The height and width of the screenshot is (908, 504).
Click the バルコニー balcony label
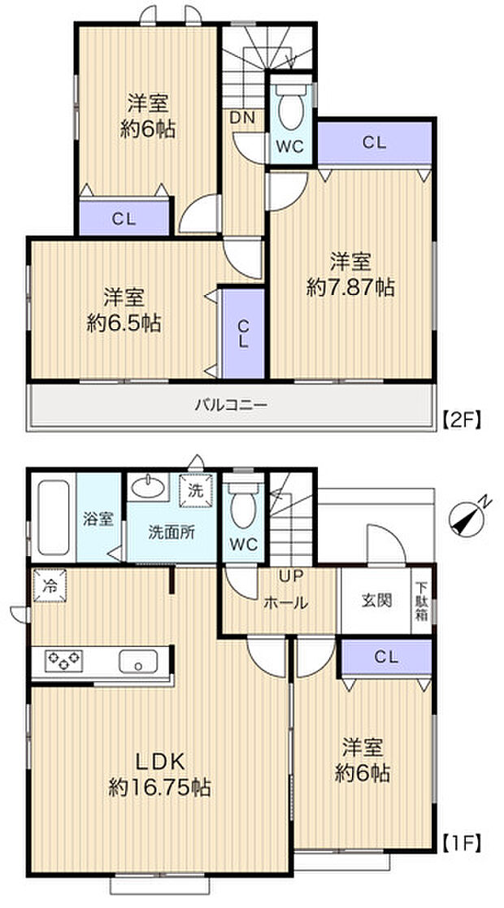pos(230,404)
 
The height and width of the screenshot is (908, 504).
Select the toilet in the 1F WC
pos(241,509)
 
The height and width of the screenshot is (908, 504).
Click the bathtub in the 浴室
pos(52,518)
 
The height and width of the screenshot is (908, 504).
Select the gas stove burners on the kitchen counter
pos(61,660)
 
